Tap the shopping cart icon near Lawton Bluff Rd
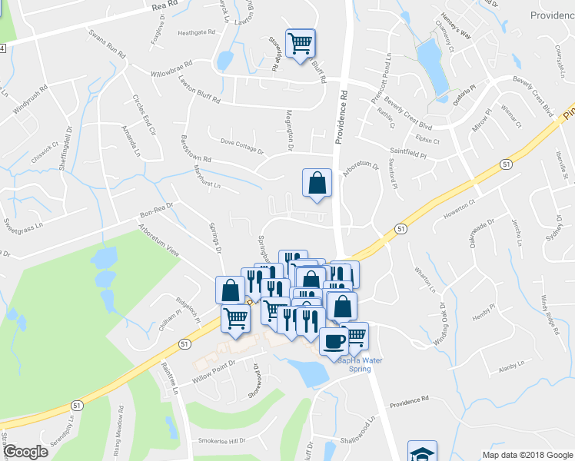(300, 42)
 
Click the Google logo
(25, 452)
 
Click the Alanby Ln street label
(511, 368)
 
